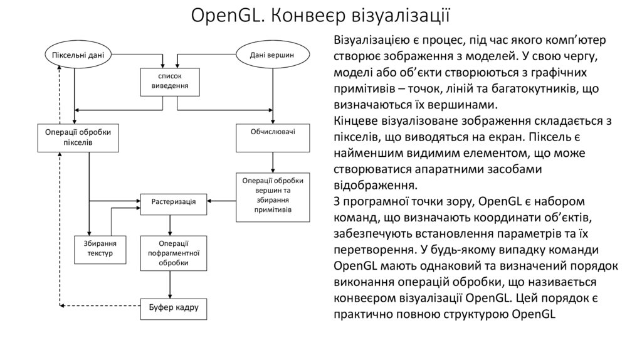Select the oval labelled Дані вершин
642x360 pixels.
[272, 55]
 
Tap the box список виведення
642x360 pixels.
[164, 80]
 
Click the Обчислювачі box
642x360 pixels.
[273, 133]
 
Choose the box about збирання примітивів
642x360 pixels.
[273, 195]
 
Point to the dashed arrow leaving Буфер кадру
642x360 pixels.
[100, 306]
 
